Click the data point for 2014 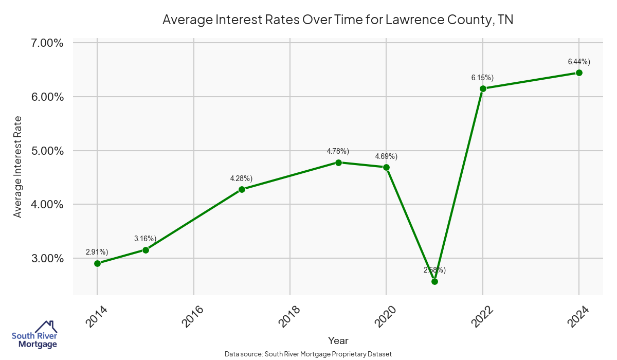(x=97, y=263)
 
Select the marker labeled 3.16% (x=146, y=250)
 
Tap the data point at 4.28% (x=242, y=189)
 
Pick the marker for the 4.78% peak (x=338, y=163)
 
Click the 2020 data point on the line (x=386, y=167)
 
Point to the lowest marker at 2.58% (x=434, y=281)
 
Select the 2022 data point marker (x=483, y=88)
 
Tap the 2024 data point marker (x=579, y=73)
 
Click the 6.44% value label (x=579, y=62)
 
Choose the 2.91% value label (x=97, y=252)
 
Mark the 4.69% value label (x=386, y=156)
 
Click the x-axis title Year (x=338, y=340)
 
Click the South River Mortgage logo (x=34, y=335)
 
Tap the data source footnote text (x=308, y=354)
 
